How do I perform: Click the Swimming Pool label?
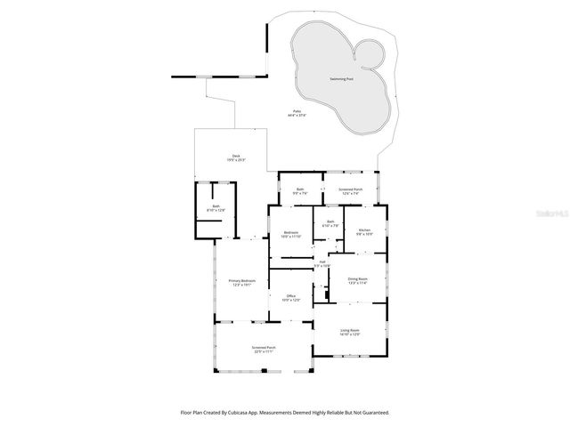pyautogui.click(x=341, y=79)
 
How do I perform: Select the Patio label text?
pyautogui.click(x=296, y=111)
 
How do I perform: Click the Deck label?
pyautogui.click(x=235, y=156)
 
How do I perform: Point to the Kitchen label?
pyautogui.click(x=363, y=230)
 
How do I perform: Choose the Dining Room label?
pyautogui.click(x=357, y=278)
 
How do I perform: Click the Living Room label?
pyautogui.click(x=349, y=330)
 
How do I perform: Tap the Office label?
pyautogui.click(x=290, y=296)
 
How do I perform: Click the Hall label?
pyautogui.click(x=322, y=262)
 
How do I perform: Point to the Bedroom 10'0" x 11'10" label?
pyautogui.click(x=291, y=232)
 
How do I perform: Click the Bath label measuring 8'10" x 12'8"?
pyautogui.click(x=216, y=205)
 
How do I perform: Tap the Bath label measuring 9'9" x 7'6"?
pyautogui.click(x=301, y=189)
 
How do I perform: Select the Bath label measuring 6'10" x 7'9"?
pyautogui.click(x=330, y=222)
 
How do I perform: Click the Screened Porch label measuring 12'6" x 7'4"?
pyautogui.click(x=350, y=189)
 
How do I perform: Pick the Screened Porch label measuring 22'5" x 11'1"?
pyautogui.click(x=263, y=348)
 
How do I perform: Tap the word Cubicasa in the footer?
pyautogui.click(x=237, y=413)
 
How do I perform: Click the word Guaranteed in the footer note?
pyautogui.click(x=375, y=413)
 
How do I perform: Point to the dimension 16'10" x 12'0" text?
pyautogui.click(x=349, y=334)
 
